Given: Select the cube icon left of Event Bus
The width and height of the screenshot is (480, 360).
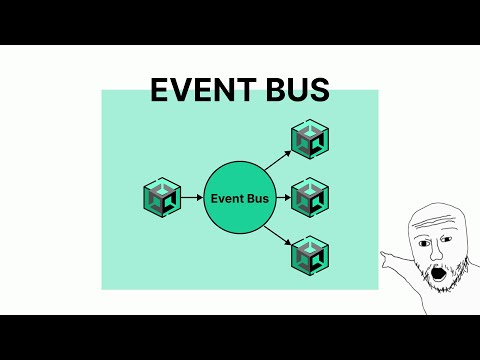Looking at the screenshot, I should tap(161, 197).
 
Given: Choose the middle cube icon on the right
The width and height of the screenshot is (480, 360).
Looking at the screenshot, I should tap(310, 197).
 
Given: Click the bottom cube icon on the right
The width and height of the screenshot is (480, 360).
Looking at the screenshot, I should tap(310, 256).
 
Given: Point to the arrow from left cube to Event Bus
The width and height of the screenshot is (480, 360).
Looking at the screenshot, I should tap(191, 197).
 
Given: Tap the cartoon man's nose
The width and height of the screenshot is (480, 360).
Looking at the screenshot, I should tap(432, 250).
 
